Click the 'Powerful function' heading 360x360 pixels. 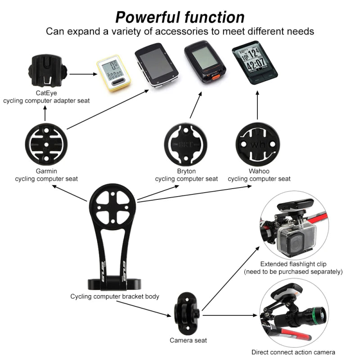click(x=180, y=17)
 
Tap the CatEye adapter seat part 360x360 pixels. click(x=45, y=72)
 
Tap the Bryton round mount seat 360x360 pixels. click(x=186, y=144)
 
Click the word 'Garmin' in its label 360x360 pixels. click(x=46, y=171)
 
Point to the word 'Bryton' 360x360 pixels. click(x=186, y=171)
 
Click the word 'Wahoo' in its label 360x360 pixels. click(x=259, y=171)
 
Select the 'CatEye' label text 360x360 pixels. click(x=46, y=93)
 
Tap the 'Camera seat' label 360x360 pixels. click(x=188, y=340)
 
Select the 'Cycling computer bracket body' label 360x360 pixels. click(x=114, y=297)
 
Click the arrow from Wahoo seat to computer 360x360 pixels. click(x=257, y=105)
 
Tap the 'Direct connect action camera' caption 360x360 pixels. click(x=293, y=352)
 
